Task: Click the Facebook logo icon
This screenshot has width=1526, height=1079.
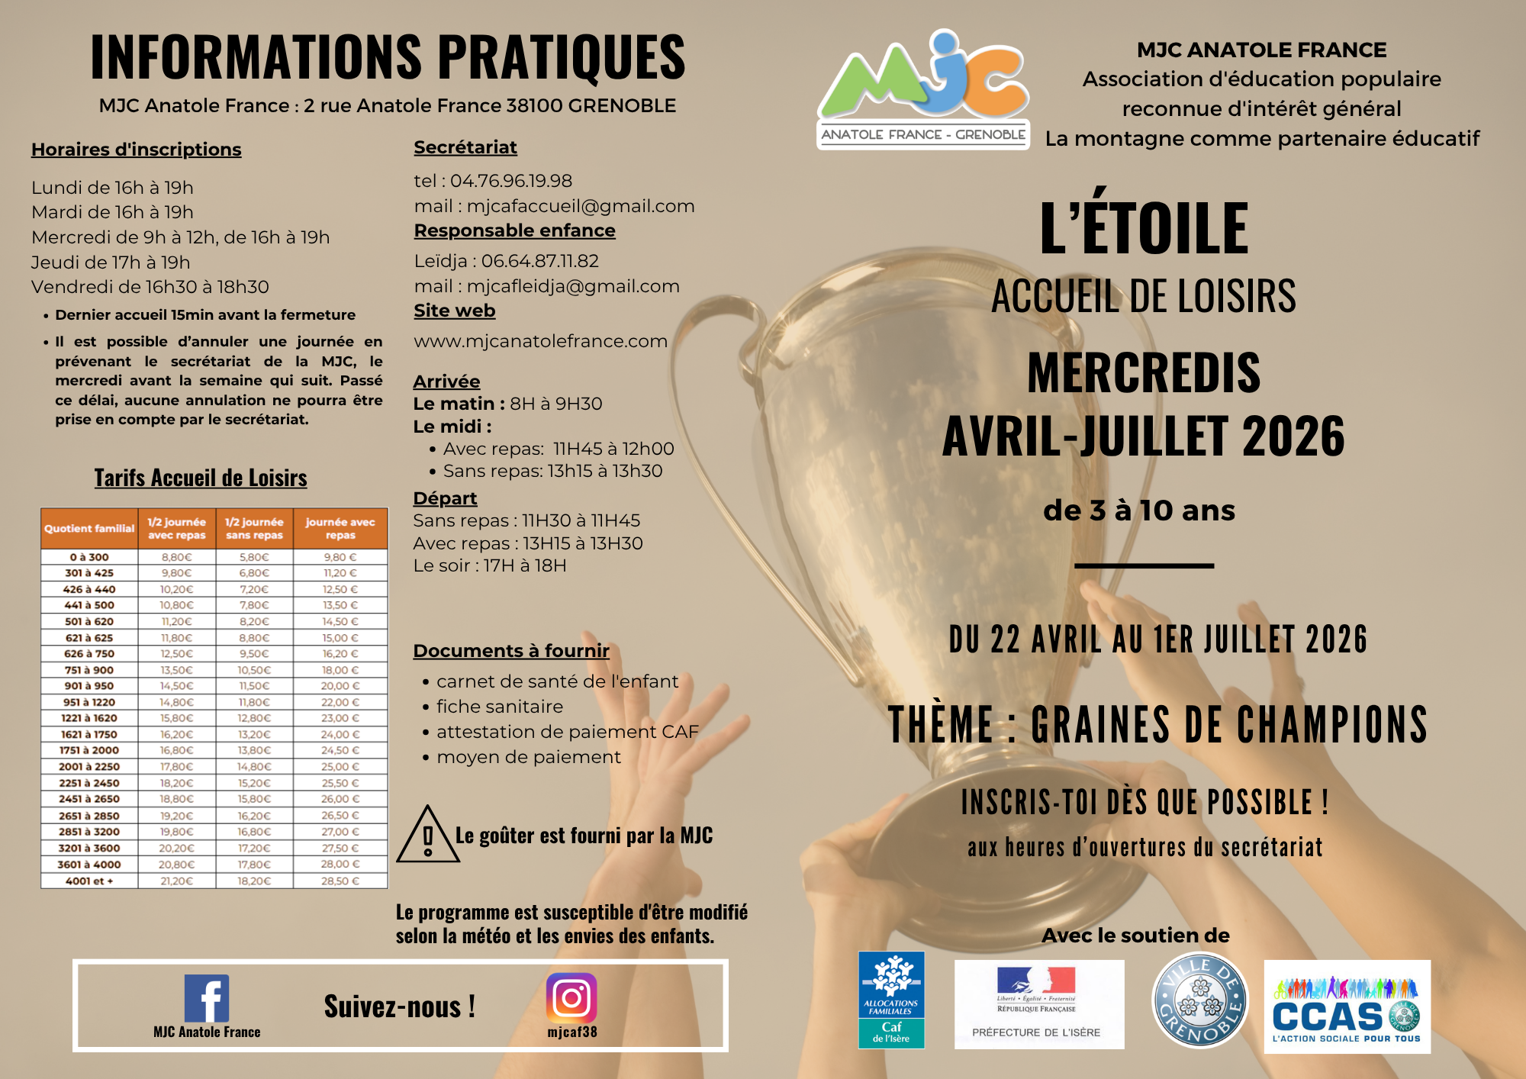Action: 206,997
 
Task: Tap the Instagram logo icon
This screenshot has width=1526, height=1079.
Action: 571,997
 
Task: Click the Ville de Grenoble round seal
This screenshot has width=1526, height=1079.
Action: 1199,1000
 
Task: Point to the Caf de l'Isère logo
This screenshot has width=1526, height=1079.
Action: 891,1000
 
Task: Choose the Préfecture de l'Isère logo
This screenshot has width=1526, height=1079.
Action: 1038,1003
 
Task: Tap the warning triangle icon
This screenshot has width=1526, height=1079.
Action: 427,836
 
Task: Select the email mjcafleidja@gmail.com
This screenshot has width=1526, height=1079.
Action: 573,286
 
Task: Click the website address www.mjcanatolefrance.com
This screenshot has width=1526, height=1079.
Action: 540,341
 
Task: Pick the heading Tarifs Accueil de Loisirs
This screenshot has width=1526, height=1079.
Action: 201,478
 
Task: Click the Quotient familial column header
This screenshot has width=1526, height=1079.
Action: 89,528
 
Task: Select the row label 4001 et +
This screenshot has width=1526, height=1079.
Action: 89,881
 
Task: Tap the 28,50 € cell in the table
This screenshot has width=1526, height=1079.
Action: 340,881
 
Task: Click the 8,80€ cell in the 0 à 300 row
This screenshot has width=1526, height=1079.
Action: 177,557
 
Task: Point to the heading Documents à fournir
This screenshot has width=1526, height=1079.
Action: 511,651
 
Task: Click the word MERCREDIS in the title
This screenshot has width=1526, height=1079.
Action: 1144,372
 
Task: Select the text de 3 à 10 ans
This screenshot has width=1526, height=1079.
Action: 1139,511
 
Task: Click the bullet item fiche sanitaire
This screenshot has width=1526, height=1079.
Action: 500,707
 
